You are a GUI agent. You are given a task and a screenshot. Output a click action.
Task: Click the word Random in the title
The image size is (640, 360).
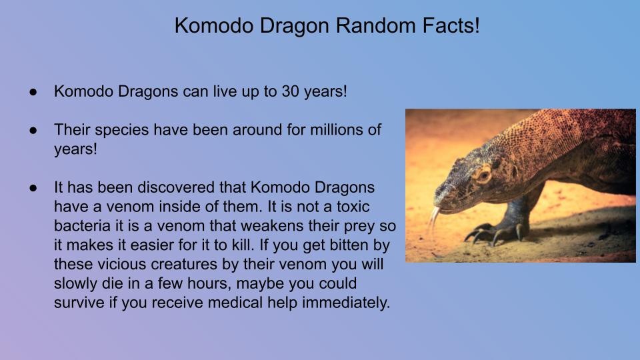375,25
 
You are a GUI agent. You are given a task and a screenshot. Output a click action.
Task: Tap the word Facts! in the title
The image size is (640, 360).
451,25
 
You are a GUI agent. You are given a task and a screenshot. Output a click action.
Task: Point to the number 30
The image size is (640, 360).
290,91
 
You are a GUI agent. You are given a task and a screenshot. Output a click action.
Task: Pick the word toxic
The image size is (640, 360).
353,207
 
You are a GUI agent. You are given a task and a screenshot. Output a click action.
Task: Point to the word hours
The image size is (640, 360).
211,284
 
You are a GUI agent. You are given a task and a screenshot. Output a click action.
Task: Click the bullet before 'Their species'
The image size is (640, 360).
33,130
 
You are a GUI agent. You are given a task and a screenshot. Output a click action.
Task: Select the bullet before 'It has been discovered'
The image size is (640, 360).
33,188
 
